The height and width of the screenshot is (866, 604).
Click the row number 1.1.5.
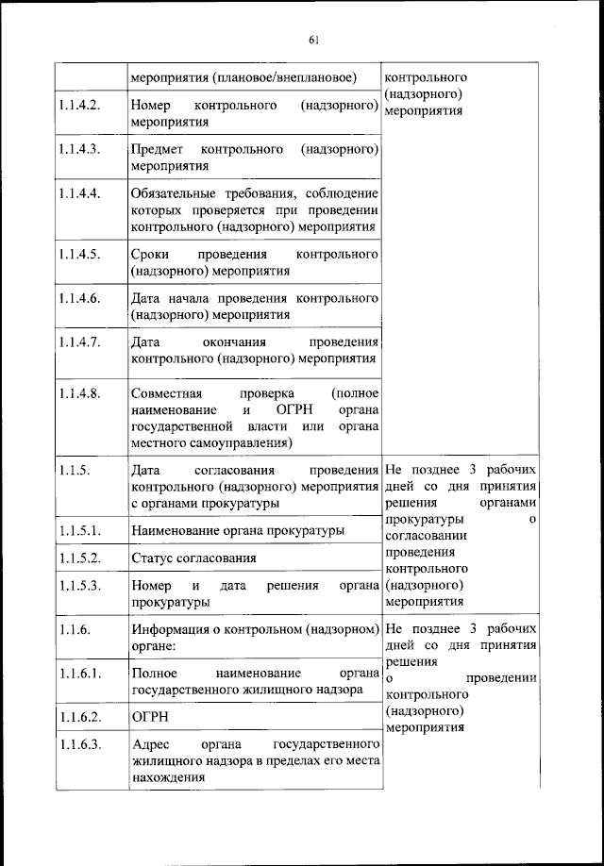pos(73,471)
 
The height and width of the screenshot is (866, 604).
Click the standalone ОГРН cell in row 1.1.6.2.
pos(148,717)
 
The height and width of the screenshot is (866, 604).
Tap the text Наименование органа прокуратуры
pos(237,531)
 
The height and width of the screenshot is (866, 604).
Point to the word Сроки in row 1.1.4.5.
pos(151,255)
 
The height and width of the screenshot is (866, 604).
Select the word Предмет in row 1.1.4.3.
pos(159,149)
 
